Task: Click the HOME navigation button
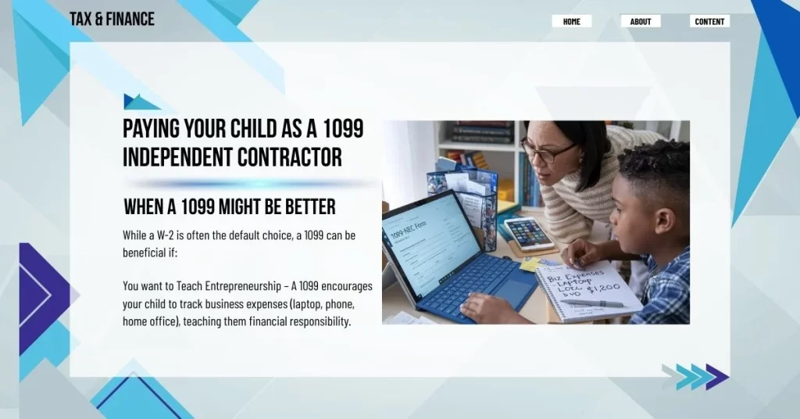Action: (571, 21)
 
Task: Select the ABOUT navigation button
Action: (641, 21)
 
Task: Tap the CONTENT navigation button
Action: (709, 21)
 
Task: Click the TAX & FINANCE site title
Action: (112, 19)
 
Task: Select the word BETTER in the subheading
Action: (306, 207)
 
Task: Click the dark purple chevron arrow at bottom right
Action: (716, 376)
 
